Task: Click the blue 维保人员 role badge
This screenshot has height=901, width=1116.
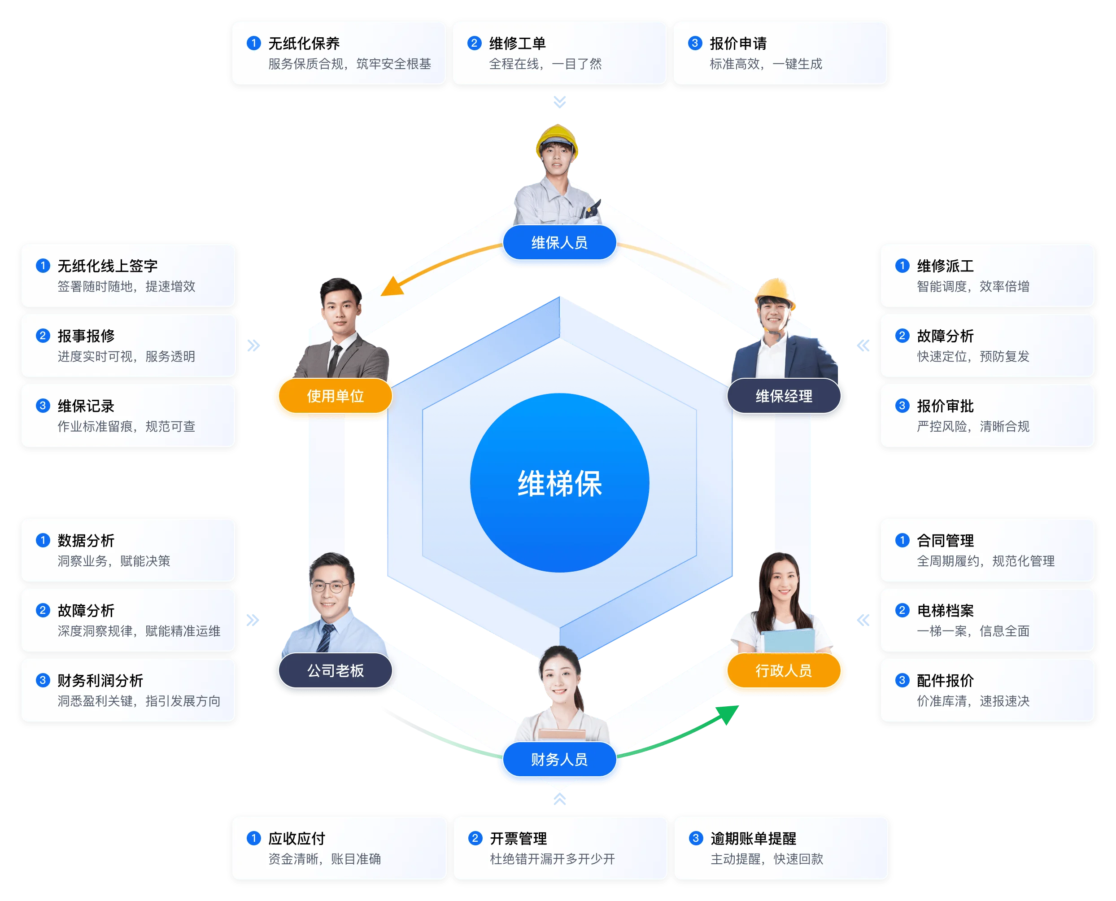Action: [x=559, y=242]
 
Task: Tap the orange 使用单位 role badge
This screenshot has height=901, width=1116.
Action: [x=335, y=396]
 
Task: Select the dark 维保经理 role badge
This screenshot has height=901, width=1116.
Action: [x=784, y=396]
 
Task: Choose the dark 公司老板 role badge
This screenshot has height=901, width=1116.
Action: [x=335, y=670]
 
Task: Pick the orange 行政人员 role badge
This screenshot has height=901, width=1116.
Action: [x=784, y=670]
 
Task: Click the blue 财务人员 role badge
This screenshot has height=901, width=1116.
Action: [x=559, y=759]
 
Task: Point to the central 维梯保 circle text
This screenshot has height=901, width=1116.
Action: [x=559, y=483]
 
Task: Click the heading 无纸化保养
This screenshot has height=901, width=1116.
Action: [x=304, y=43]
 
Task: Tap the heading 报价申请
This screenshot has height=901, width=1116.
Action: [x=738, y=43]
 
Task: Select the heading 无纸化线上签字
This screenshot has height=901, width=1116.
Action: [x=107, y=266]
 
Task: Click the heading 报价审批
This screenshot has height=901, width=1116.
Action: [x=945, y=406]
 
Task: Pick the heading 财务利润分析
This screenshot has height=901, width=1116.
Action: [x=100, y=680]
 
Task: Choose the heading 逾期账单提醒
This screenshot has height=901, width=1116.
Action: [x=753, y=838]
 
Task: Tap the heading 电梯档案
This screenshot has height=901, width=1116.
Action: [x=945, y=610]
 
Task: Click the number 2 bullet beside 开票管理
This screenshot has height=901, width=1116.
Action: [x=475, y=838]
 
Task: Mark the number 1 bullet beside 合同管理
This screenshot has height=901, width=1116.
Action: [x=902, y=540]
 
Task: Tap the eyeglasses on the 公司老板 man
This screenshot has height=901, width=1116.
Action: [x=330, y=587]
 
